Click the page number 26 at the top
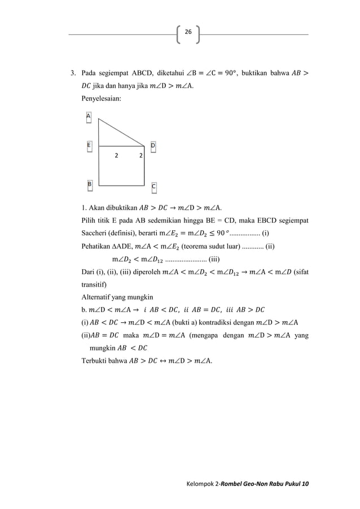click(x=188, y=33)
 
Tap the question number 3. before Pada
click(x=72, y=73)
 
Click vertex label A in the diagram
click(x=88, y=116)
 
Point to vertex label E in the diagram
click(x=89, y=146)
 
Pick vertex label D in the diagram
click(x=153, y=146)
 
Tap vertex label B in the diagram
click(x=89, y=184)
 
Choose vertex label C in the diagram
click(x=153, y=186)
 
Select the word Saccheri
click(x=95, y=232)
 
